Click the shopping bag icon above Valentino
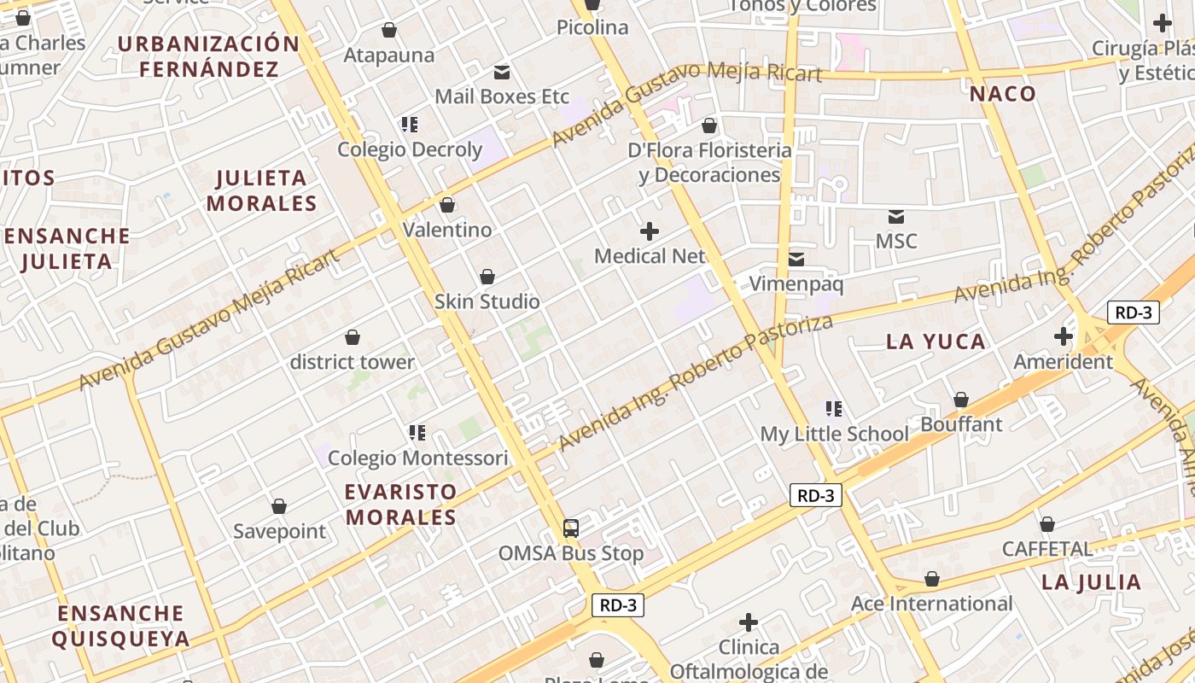tap(446, 205)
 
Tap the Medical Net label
tap(650, 256)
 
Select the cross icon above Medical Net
tap(650, 231)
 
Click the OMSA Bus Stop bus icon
tap(571, 528)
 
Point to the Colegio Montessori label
tap(417, 458)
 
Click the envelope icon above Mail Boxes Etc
tap(502, 73)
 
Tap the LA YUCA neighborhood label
tap(936, 342)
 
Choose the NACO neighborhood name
tap(1003, 95)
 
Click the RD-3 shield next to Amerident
tap(1133, 312)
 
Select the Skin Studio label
tap(487, 301)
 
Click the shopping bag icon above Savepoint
tap(279, 507)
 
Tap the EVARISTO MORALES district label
tap(400, 505)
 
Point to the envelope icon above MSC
tap(896, 217)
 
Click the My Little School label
tap(834, 434)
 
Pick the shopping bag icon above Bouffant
tap(961, 400)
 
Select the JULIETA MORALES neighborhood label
tap(261, 190)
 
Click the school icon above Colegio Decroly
tap(410, 125)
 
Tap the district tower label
tap(352, 362)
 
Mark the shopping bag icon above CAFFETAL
tap(1046, 524)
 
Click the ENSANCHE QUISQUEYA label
tap(120, 626)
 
